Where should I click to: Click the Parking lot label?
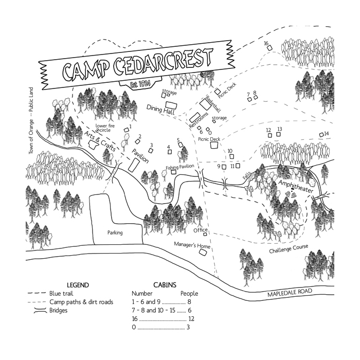pyautogui.click(x=115, y=232)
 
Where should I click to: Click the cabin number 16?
pyautogui.click(x=266, y=44)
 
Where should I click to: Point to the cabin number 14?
pyautogui.click(x=327, y=134)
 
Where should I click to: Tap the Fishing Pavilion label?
pyautogui.click(x=179, y=167)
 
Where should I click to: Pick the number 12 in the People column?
pyautogui.click(x=191, y=319)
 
